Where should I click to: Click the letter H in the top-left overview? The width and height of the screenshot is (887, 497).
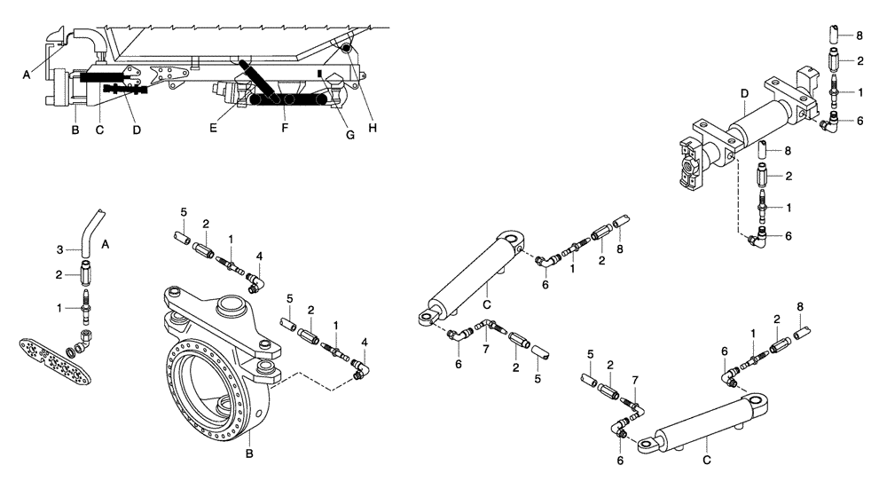pos(373,128)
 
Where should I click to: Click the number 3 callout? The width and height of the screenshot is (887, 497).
pos(60,250)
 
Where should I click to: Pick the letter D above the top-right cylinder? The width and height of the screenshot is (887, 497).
pos(743,93)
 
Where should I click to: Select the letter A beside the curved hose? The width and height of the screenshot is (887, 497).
pos(105,241)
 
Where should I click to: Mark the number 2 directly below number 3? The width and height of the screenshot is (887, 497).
pos(60,275)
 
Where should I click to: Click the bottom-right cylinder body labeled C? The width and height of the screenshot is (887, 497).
pos(701,422)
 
